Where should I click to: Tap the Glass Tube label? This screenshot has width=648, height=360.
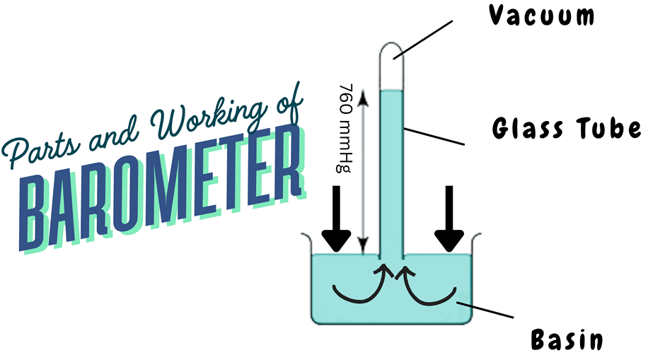(566, 129)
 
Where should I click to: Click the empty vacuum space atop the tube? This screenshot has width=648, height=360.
(391, 67)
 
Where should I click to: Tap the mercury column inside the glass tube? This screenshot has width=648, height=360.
(391, 170)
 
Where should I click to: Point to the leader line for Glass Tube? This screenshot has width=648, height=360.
(434, 136)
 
